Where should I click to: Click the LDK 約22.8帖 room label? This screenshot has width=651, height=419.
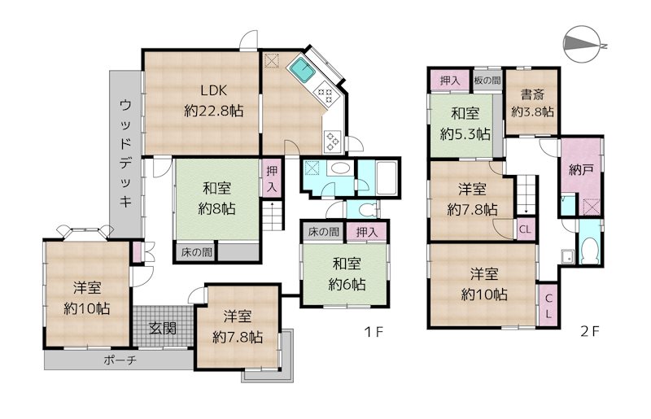(x=213, y=101)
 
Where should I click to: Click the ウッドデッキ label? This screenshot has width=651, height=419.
(x=125, y=153)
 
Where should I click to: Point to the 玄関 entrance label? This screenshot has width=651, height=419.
(x=163, y=329)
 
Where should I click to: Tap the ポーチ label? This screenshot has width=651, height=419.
(x=120, y=360)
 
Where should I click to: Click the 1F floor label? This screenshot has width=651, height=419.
(x=374, y=332)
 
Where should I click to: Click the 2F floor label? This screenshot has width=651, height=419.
(x=590, y=332)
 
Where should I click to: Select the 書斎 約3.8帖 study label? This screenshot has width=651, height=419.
(x=532, y=103)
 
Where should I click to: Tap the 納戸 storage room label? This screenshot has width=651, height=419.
(x=580, y=169)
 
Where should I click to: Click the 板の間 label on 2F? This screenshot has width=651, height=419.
(x=487, y=81)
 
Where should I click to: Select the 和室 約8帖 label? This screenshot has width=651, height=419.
(x=216, y=199)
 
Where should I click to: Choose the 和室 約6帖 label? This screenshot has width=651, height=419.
(x=347, y=274)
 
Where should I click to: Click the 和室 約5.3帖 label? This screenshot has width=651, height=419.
(x=465, y=124)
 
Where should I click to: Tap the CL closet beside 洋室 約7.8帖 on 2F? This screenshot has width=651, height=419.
(x=525, y=229)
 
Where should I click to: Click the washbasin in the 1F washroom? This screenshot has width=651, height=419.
(x=339, y=169)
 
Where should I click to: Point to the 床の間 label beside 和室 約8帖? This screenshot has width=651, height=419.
(x=197, y=252)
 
